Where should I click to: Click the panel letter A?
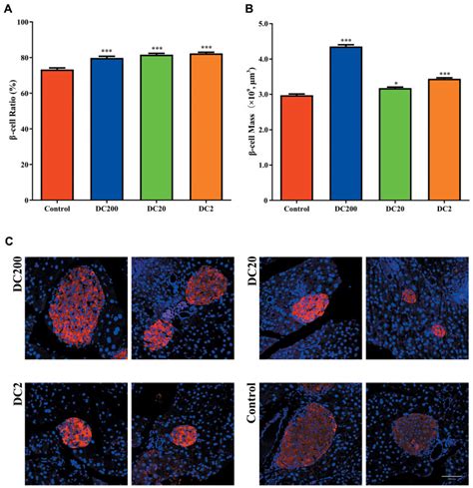coord(9,9)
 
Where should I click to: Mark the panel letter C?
coord(9,243)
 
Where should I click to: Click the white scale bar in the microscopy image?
coord(453,475)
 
